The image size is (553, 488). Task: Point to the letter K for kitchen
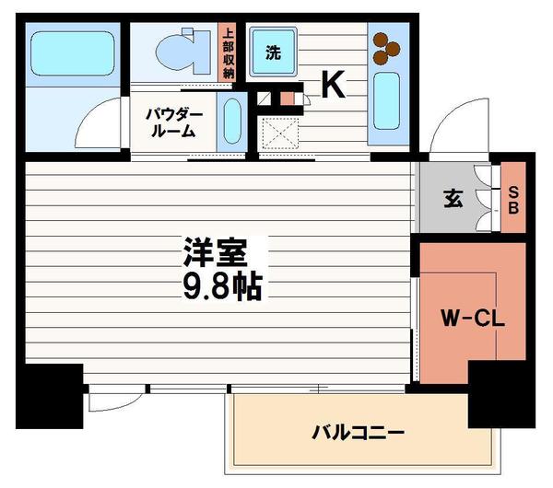pos(332,87)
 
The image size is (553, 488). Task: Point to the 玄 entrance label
pos(454,198)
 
